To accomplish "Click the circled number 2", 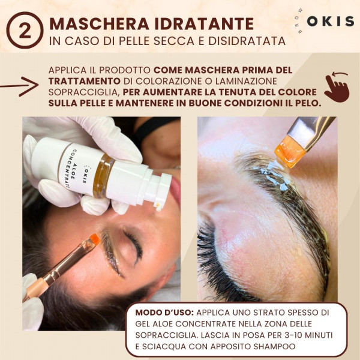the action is coord(25,31).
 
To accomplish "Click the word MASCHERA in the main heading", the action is coord(99,23).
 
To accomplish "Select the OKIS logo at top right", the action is coord(330,22).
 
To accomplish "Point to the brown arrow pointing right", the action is coord(19,86).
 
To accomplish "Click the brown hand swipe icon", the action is coord(337,87).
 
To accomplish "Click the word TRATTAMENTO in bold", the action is coord(85,81).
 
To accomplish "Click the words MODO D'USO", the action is coord(165,313).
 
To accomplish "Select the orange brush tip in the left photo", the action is coord(95,239).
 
